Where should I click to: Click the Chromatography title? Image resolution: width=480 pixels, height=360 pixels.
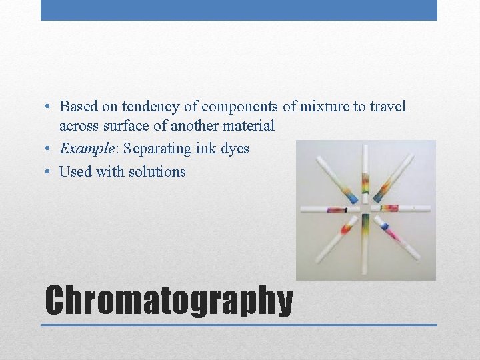tap(169, 300)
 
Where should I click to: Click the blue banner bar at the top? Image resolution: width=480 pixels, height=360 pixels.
tap(239, 10)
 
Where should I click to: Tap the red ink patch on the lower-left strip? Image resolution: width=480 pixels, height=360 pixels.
tap(347, 229)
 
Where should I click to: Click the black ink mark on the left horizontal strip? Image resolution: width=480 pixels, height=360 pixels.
tap(345, 209)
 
